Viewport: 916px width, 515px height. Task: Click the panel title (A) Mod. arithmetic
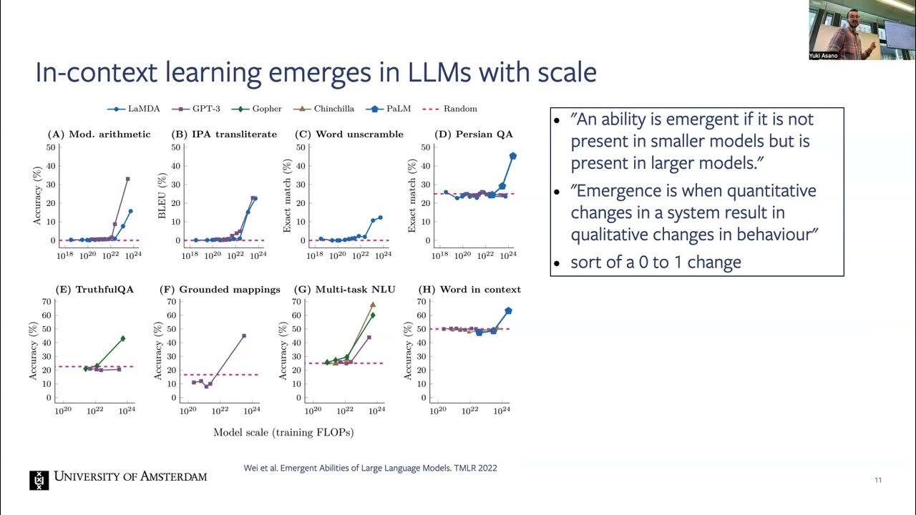pyautogui.click(x=99, y=134)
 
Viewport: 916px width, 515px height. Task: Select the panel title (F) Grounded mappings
pyautogui.click(x=220, y=289)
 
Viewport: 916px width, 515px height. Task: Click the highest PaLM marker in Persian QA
pyautogui.click(x=513, y=156)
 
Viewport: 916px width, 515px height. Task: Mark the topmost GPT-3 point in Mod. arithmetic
pyautogui.click(x=128, y=179)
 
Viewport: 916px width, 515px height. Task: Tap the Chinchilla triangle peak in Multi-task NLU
pyautogui.click(x=373, y=305)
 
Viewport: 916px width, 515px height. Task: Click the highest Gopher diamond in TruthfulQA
pyautogui.click(x=122, y=338)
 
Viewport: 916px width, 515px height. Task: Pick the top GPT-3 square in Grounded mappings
pyautogui.click(x=244, y=335)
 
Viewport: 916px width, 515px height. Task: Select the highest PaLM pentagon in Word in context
pyautogui.click(x=508, y=310)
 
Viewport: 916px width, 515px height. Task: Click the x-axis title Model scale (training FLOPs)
pyautogui.click(x=283, y=432)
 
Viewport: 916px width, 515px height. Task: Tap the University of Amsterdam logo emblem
pyautogui.click(x=39, y=480)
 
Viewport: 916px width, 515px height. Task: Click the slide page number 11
pyautogui.click(x=878, y=480)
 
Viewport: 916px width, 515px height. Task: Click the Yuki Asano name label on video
pyautogui.click(x=824, y=55)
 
